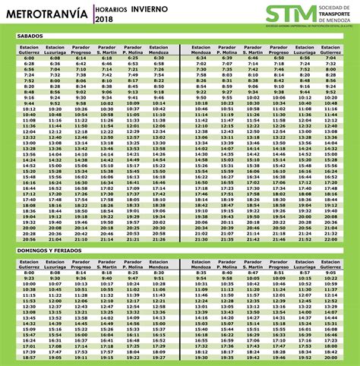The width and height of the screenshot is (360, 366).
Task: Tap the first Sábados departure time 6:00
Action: pyautogui.click(x=30, y=58)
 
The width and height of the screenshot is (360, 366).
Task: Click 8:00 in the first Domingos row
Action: pyautogui.click(x=30, y=272)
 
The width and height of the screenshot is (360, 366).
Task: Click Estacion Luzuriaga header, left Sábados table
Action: pyautogui.click(x=55, y=49)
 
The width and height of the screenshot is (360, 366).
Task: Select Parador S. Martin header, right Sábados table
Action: pyautogui.click(x=253, y=49)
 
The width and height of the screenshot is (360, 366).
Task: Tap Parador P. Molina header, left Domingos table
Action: pyautogui.click(x=133, y=263)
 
